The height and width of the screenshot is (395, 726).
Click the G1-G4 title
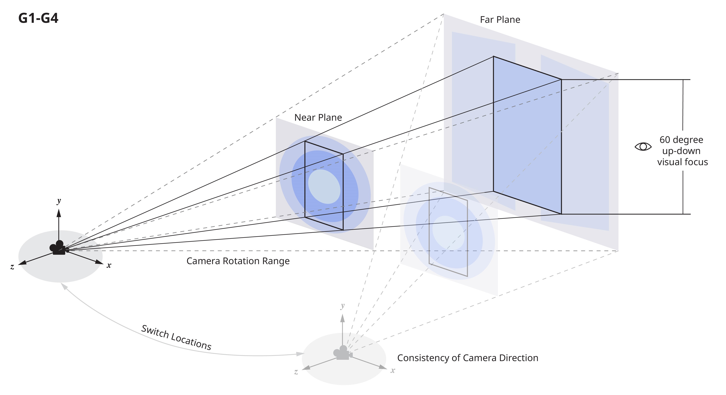(38, 19)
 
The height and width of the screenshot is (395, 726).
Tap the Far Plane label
(500, 20)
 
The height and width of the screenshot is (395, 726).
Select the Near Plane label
(318, 117)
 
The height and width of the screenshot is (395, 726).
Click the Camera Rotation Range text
(238, 261)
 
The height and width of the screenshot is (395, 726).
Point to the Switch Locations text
(176, 337)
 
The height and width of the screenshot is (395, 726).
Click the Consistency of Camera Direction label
(468, 358)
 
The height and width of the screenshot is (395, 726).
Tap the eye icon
(643, 147)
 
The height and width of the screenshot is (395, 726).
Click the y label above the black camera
(59, 201)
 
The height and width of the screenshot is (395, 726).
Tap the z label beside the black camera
(12, 267)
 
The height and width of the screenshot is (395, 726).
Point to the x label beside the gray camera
(393, 371)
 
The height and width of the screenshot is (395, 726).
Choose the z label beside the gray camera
(296, 372)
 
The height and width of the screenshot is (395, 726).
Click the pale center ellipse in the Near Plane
(324, 186)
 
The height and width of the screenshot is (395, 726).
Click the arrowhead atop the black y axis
(59, 213)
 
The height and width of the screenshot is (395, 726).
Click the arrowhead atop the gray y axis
(342, 318)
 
